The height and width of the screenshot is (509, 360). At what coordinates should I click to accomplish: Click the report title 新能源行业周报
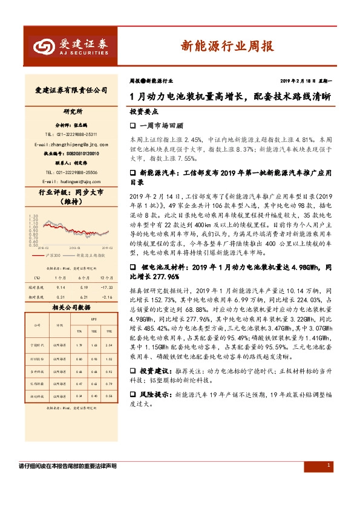(x=226, y=46)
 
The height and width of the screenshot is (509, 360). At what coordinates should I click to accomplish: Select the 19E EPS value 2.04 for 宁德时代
(x=108, y=345)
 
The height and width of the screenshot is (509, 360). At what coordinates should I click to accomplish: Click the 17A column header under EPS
(x=79, y=331)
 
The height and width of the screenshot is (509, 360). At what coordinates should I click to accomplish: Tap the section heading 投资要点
(x=143, y=112)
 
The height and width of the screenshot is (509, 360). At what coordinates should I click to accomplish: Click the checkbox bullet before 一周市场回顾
(x=133, y=126)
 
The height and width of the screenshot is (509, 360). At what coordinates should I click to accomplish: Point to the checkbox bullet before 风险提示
(x=133, y=394)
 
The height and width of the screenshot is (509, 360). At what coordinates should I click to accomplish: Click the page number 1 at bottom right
(x=328, y=465)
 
